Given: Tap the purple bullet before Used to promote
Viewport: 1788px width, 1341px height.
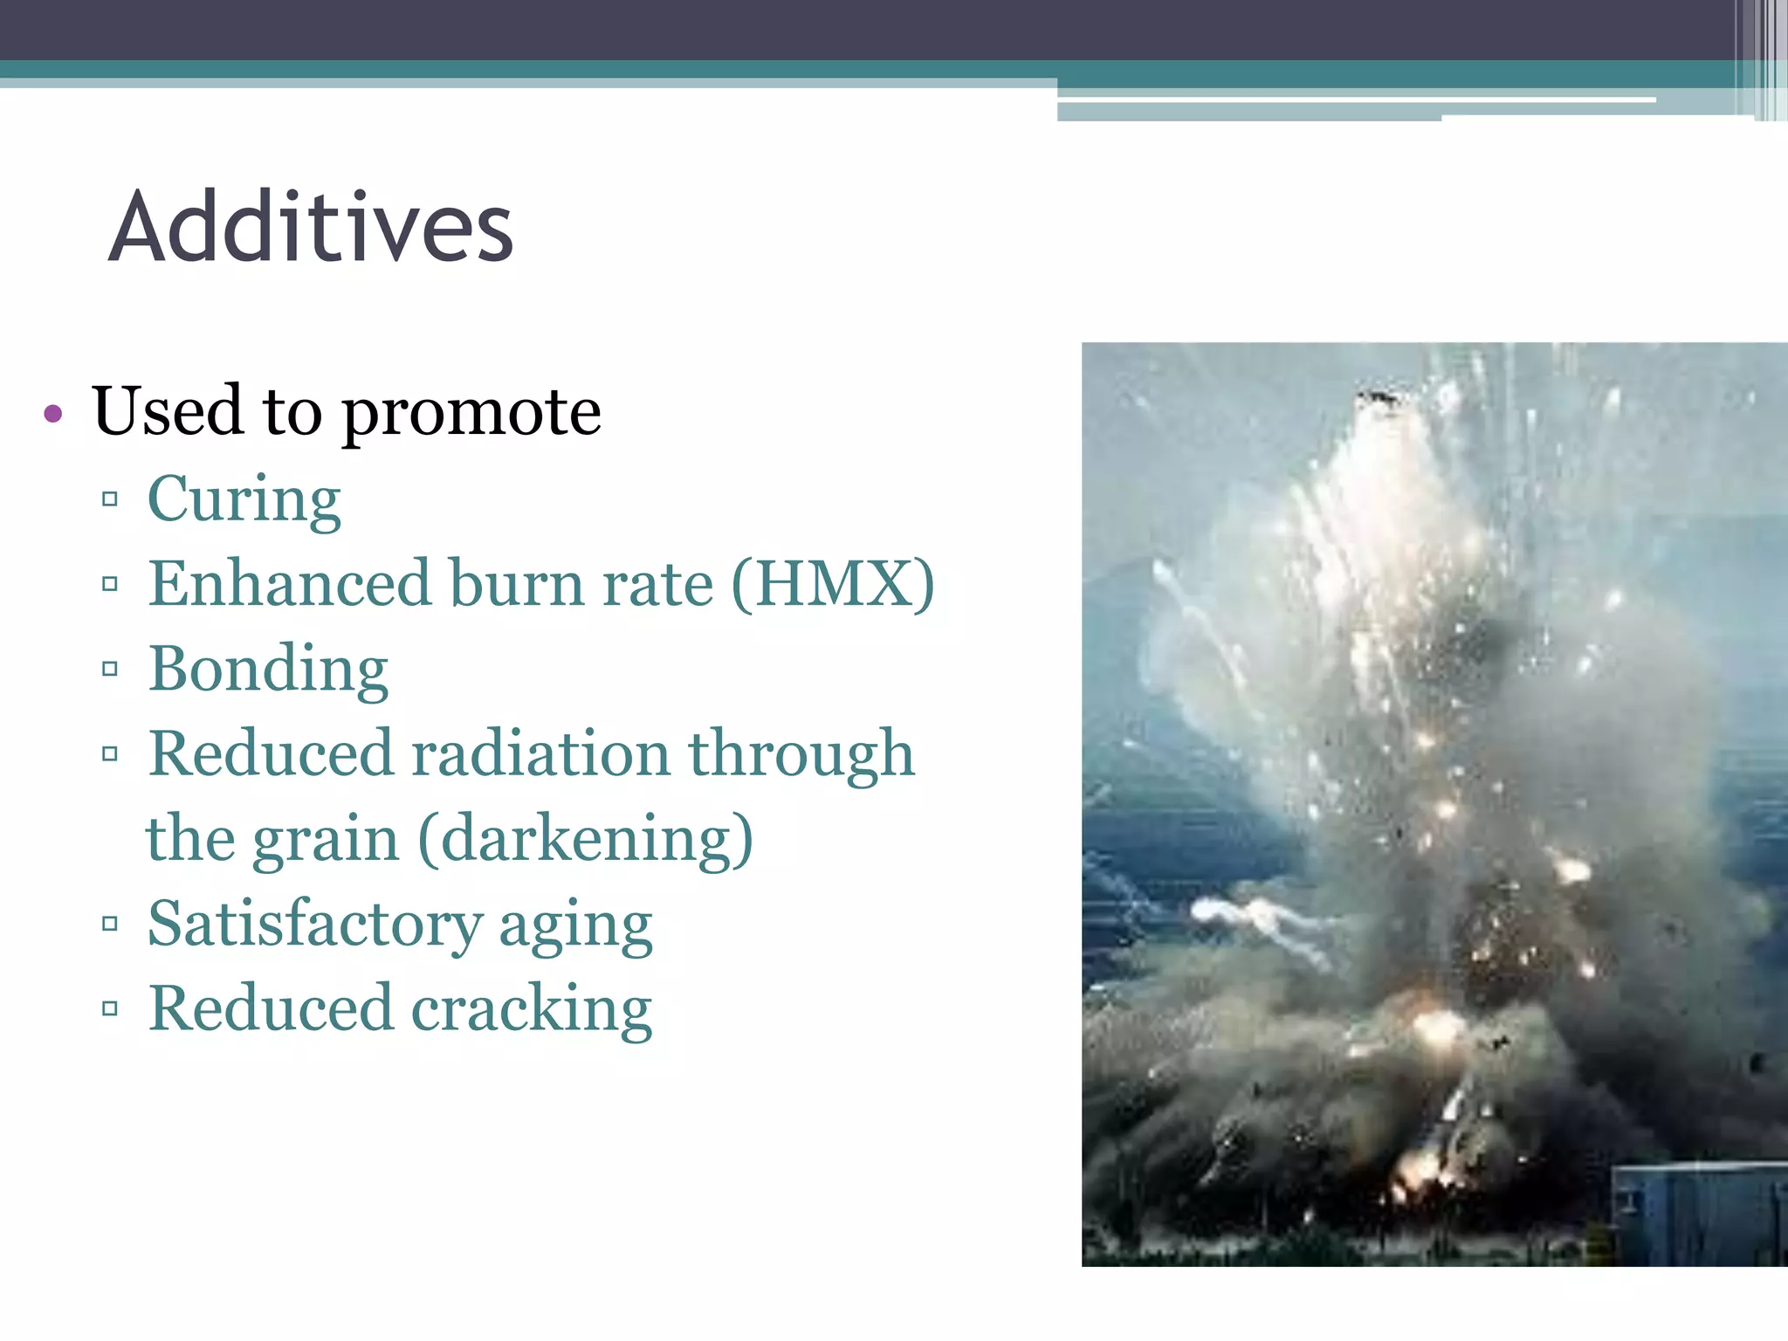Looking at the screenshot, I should (53, 413).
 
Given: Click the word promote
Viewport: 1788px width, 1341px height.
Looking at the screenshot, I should (471, 413).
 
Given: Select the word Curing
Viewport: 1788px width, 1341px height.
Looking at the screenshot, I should (244, 499).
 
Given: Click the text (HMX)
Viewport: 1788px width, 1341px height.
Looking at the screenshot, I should (833, 583).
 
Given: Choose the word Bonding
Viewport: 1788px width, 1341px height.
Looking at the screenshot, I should (268, 669).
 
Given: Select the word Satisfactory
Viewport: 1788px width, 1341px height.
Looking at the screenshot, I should (314, 924).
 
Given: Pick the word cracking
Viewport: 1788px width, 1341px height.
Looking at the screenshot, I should (532, 1008).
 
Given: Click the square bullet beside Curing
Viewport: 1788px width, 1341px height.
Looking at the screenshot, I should (110, 499).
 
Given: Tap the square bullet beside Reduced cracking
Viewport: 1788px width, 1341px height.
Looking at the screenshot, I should (110, 1009).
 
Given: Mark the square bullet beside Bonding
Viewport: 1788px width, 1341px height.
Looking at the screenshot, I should (110, 670).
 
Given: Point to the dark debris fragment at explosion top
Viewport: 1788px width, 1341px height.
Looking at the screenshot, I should (1378, 399).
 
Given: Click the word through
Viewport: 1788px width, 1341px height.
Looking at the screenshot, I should (801, 753).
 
